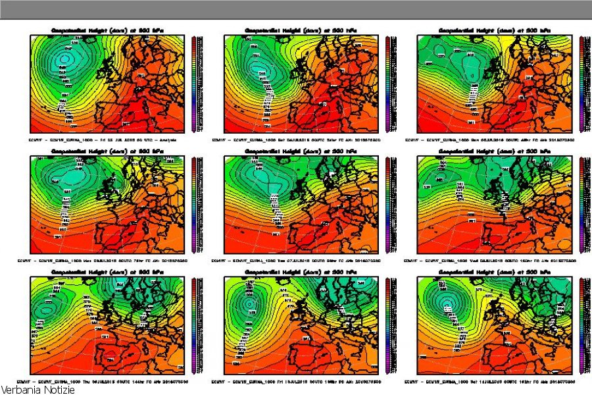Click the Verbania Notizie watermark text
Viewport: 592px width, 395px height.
tap(37, 390)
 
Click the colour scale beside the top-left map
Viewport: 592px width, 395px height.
tap(194, 84)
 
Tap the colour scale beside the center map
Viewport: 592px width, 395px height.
tap(387, 205)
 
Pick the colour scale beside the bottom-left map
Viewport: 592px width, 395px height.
tap(194, 325)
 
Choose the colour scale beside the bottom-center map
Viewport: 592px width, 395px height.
tap(387, 325)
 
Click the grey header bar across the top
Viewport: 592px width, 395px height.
tap(296, 9)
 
